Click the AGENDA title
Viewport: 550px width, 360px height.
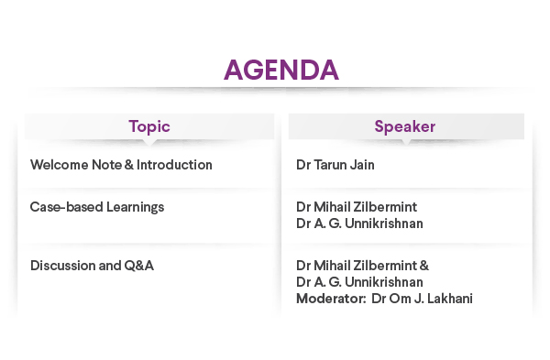281,71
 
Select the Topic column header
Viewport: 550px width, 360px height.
149,126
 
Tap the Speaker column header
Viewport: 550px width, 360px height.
404,126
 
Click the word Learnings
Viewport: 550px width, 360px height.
133,207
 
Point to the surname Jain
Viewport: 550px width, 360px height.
364,165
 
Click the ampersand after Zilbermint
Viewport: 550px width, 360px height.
423,266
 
